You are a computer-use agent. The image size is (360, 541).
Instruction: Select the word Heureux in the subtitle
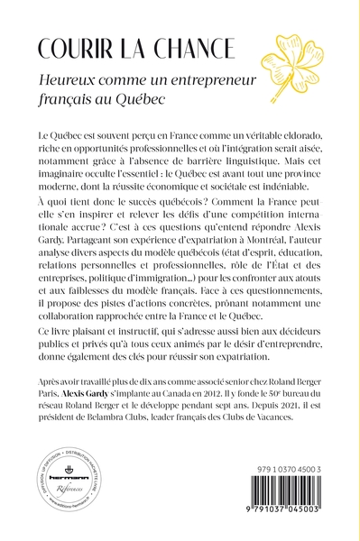(x=87, y=80)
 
